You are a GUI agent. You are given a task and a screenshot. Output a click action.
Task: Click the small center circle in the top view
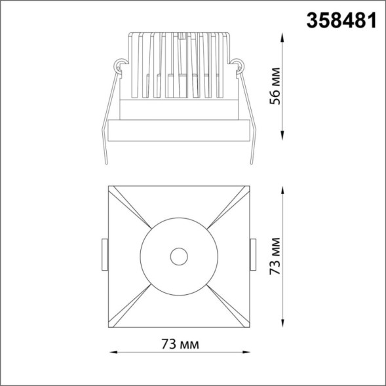coord(178,256)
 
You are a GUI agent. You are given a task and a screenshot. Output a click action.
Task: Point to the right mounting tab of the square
coord(252,256)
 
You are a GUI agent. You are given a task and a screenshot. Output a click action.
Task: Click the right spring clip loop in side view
coord(238,65)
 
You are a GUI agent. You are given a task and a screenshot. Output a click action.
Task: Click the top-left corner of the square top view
coord(107,185)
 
